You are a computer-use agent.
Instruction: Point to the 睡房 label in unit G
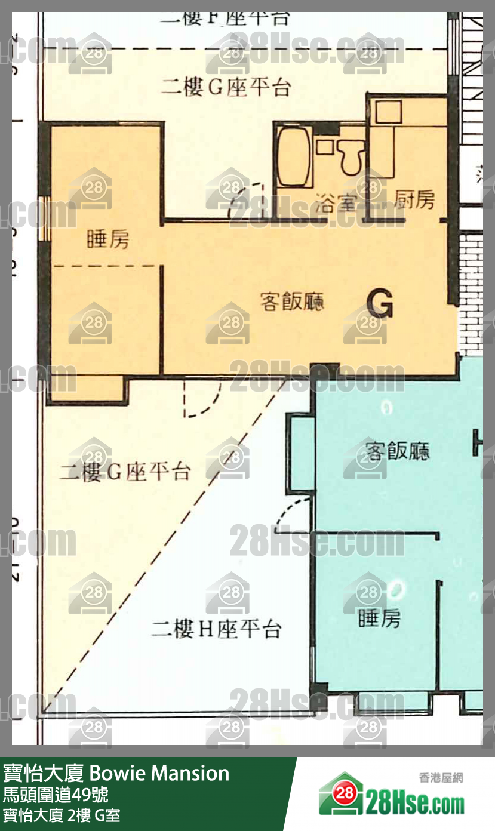(107, 240)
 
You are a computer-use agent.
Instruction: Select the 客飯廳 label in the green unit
(397, 451)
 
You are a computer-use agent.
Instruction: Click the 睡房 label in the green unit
(379, 618)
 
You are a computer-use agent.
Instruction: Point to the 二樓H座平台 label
(216, 630)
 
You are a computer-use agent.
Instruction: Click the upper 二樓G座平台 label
(226, 88)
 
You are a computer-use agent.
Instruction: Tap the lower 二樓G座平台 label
(124, 472)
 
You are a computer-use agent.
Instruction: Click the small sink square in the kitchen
(389, 112)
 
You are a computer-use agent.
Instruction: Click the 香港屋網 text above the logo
(441, 778)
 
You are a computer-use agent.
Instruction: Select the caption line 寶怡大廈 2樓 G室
(62, 815)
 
